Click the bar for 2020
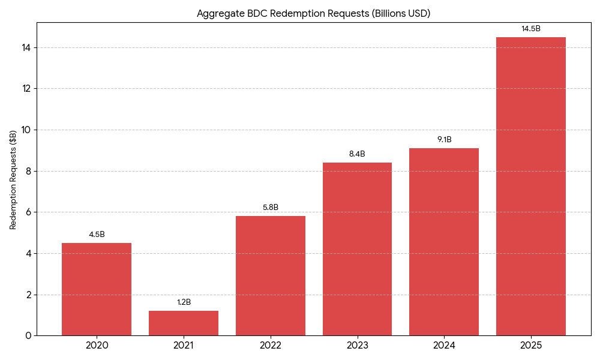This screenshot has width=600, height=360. pos(97,289)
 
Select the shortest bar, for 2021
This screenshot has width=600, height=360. pos(184,323)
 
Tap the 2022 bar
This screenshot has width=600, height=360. pos(271,276)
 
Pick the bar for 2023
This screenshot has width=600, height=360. pos(357,249)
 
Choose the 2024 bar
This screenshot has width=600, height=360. pos(444,242)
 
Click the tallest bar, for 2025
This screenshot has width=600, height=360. pos(531,186)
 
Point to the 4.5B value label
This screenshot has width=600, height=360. pos(97,235)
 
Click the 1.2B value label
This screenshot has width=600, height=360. pos(184,302)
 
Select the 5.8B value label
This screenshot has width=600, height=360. pos(271,208)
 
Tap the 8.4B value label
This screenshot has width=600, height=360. pos(357,154)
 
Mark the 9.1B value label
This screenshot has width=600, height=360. pos(444,140)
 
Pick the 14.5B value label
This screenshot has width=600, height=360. pos(531,29)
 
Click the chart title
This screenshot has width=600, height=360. pos(313,13)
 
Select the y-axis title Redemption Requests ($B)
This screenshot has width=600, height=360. pos(13,179)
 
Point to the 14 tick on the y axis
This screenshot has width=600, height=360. pos(26,47)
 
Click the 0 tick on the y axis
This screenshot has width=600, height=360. pos(28,336)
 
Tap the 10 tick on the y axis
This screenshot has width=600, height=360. pos(26,130)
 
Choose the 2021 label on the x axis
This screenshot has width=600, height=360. pos(184,346)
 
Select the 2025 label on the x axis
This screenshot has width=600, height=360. pos(531,346)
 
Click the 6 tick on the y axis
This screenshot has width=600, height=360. pos(28,212)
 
